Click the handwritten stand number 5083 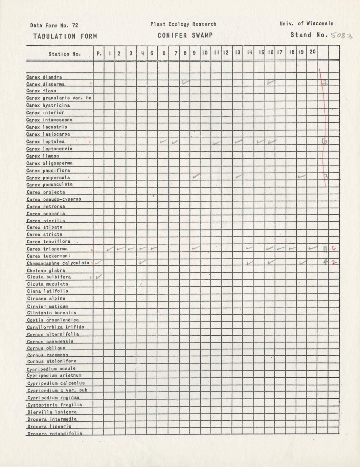[341, 36]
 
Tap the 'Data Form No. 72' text [54, 25]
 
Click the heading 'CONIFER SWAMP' [185, 36]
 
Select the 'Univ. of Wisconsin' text [307, 24]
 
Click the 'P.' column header [99, 53]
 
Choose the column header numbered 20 [313, 52]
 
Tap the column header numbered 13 [238, 52]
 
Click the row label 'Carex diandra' [44, 77]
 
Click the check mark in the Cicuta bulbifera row [99, 277]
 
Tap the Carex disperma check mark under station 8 [186, 82]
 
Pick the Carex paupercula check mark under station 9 [196, 176]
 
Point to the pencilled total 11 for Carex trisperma [324, 249]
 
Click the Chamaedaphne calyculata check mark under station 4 [142, 262]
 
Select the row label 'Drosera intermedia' [52, 419]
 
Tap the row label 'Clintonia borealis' [51, 313]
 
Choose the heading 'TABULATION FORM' [65, 36]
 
